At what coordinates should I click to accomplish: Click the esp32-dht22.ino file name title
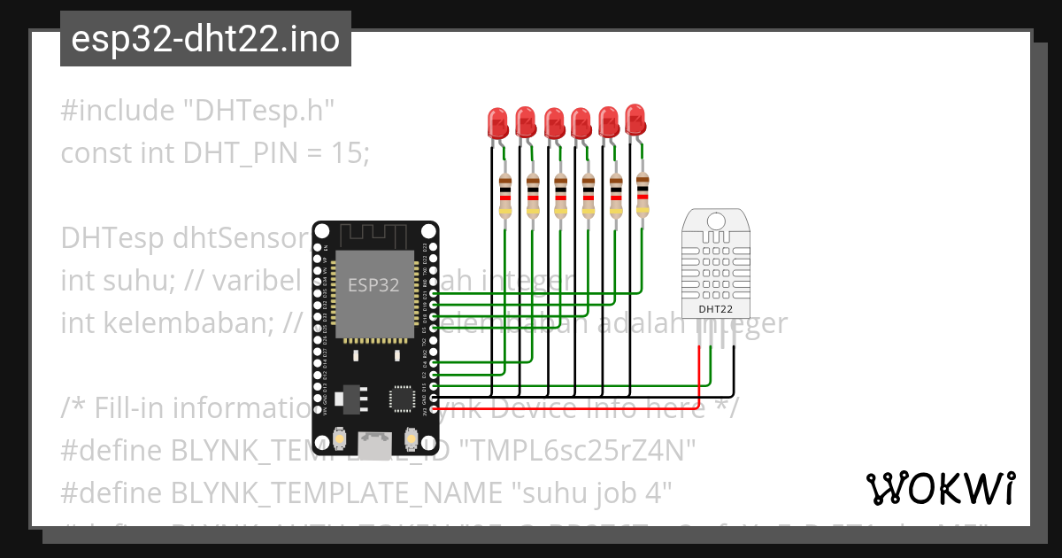205,40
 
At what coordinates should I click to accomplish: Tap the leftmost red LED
497,122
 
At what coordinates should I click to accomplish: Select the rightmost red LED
635,119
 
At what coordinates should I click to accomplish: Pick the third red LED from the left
554,122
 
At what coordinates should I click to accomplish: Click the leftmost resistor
504,196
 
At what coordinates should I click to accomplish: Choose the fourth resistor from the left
588,196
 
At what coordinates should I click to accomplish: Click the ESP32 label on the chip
373,285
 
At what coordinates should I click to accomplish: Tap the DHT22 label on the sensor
715,309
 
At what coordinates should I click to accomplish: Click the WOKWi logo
940,488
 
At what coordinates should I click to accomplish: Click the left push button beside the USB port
340,439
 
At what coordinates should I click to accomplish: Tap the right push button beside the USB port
411,439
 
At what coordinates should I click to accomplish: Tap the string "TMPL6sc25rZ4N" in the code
580,451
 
